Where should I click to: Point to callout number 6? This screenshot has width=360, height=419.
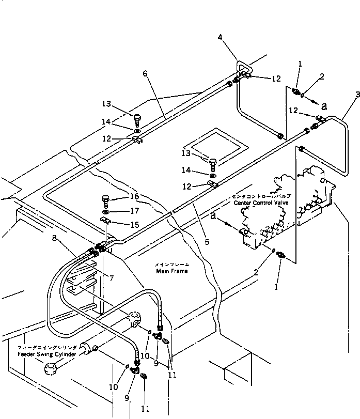[x=145, y=74]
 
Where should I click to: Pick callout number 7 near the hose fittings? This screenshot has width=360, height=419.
[x=111, y=278]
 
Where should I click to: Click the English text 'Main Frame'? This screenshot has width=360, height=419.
[x=171, y=271]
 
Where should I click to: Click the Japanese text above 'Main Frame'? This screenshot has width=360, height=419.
[x=171, y=264]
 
